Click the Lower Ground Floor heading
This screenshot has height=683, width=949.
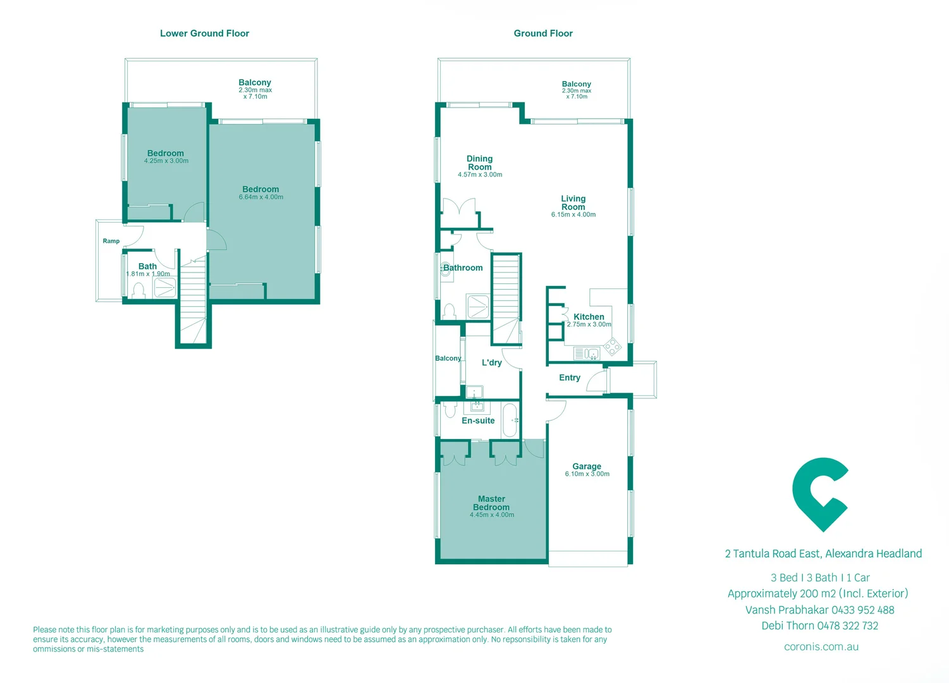point(204,34)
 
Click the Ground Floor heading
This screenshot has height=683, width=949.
point(542,34)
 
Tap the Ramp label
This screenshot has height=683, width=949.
point(111,241)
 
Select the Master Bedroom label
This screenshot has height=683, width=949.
point(491,503)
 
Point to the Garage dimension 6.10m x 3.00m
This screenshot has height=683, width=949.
point(587,474)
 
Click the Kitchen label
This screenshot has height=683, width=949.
point(589,317)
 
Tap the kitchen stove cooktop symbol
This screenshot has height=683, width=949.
point(611,346)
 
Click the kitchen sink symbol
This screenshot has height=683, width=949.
point(587,354)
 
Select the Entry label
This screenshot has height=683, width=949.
point(569,378)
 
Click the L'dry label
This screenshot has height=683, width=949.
point(491,363)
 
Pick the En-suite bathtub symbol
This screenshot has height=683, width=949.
point(510,420)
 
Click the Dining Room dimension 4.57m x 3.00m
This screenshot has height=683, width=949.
point(480,175)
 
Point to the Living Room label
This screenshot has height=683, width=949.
point(573,203)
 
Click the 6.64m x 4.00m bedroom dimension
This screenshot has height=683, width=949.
point(260,197)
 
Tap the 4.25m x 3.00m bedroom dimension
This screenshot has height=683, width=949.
point(166,161)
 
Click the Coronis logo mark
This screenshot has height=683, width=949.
point(819,494)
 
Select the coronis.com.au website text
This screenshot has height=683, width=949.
point(821,647)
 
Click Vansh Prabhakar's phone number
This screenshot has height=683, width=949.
point(862,610)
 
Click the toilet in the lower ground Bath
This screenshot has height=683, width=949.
point(138,290)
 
